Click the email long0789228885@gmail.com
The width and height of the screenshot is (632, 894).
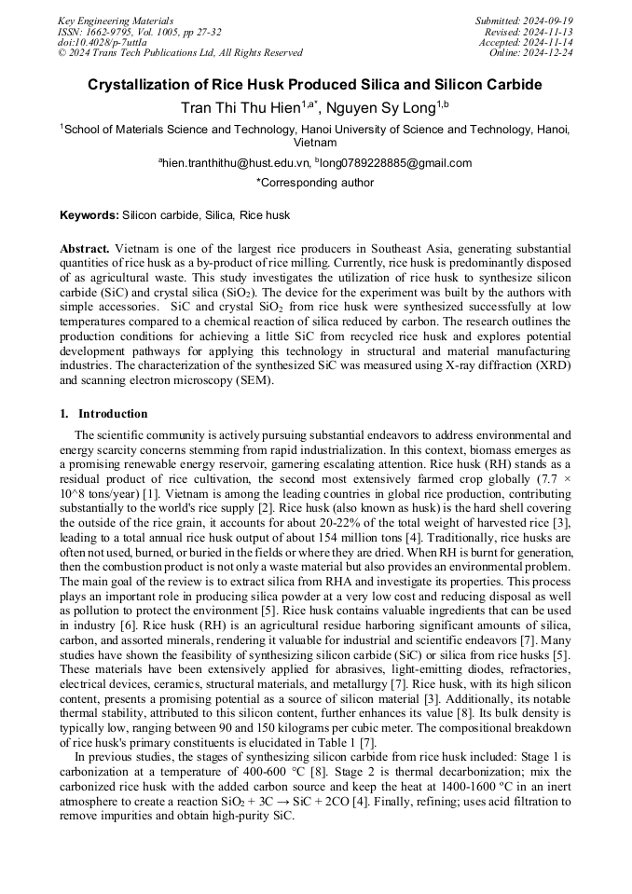(x=396, y=163)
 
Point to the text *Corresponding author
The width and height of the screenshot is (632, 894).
(x=315, y=184)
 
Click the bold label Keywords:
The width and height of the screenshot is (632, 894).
(x=89, y=215)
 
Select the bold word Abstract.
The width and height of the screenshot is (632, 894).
(x=85, y=249)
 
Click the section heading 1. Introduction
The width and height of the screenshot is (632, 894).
(x=103, y=414)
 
